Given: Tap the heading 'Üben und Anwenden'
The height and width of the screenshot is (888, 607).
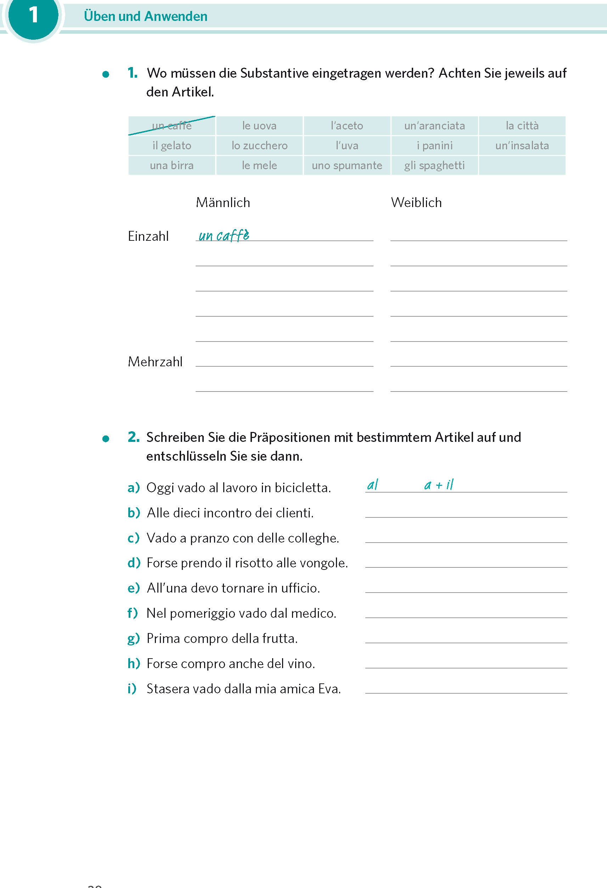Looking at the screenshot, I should (x=145, y=16).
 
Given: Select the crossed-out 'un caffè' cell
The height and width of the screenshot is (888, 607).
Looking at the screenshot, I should (x=172, y=126).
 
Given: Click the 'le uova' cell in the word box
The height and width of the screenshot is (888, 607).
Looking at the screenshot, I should (x=259, y=126).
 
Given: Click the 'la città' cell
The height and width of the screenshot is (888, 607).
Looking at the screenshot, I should (x=522, y=126).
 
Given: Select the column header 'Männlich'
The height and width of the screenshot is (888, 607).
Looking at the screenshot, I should (x=223, y=202).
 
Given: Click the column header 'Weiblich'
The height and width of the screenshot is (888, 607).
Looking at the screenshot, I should (x=416, y=202).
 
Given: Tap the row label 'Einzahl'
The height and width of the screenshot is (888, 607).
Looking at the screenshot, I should (x=148, y=236).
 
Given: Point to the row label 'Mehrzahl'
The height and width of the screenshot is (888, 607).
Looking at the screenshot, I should (x=155, y=361).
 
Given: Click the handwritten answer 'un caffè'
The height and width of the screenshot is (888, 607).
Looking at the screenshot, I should (x=224, y=235).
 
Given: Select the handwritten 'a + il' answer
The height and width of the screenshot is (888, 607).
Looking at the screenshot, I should (x=439, y=485).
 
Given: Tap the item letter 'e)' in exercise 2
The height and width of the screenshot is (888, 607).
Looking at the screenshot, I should (x=134, y=588).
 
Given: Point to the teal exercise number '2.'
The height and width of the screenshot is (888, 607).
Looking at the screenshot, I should (x=134, y=437).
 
